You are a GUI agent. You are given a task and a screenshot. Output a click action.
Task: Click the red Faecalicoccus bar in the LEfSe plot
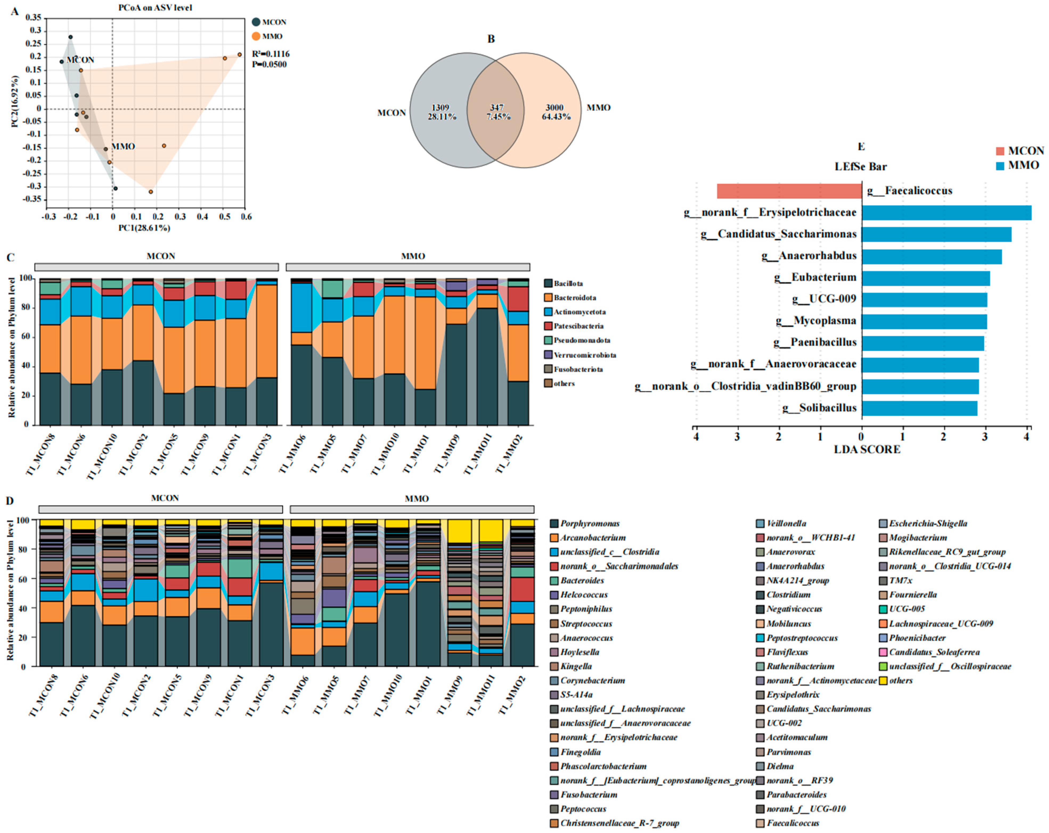coord(789,191)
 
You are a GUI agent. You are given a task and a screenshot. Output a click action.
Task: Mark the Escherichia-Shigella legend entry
coord(927,524)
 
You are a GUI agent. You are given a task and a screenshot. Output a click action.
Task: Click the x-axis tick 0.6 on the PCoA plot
coord(246,217)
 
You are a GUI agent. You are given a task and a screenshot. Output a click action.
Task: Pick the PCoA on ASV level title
coord(155,7)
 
